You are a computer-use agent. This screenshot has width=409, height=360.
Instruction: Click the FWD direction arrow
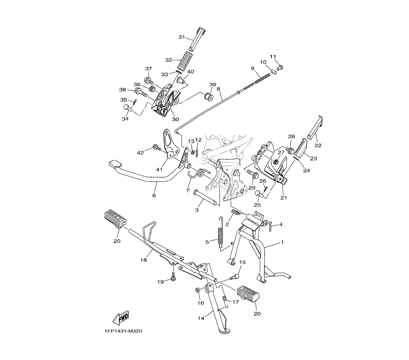pos(120,317)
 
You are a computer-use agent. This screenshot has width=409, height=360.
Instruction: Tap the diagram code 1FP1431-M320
pos(124,331)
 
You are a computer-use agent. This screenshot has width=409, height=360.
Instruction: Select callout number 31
pos(182,37)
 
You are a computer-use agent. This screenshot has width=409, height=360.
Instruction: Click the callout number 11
pos(273,56)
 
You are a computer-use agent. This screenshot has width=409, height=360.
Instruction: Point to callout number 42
pos(140,153)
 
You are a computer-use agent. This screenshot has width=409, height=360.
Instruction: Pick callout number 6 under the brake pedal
pos(154,195)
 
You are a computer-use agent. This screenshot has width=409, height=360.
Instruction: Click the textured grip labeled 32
pos(185,60)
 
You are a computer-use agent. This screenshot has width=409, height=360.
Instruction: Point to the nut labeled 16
pos(198,290)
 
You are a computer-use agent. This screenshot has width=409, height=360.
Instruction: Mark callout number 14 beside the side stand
pos(201,318)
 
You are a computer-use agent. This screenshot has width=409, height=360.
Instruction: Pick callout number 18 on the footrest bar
pos(144,260)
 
